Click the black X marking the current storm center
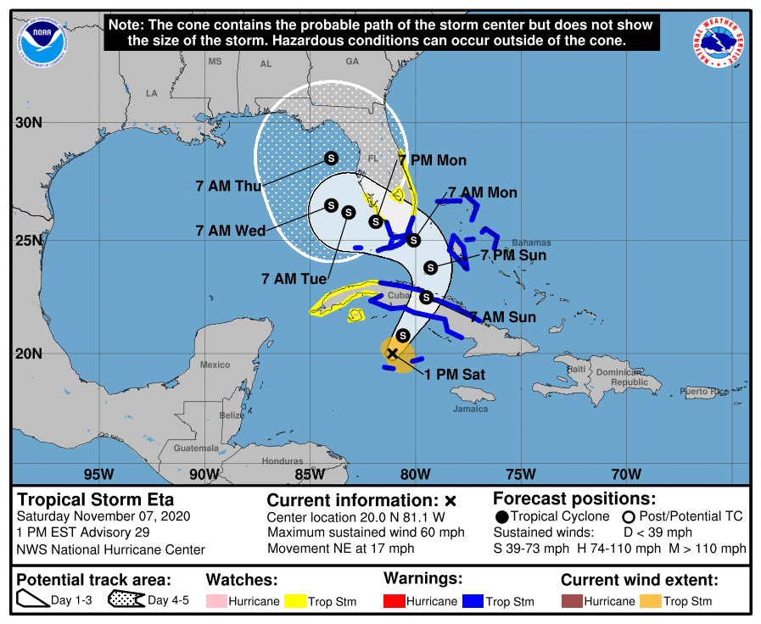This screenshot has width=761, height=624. pyautogui.click(x=392, y=354)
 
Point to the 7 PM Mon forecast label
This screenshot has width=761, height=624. pyautogui.click(x=432, y=160)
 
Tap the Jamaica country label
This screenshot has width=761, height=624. pyautogui.click(x=470, y=409)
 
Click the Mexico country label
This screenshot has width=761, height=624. pyautogui.click(x=215, y=365)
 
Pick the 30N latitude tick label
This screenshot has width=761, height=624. pyautogui.click(x=28, y=122)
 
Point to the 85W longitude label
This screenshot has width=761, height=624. pyautogui.click(x=309, y=474)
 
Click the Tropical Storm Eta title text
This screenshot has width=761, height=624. pyautogui.click(x=96, y=499)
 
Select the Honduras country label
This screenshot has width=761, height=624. pyautogui.click(x=283, y=461)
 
